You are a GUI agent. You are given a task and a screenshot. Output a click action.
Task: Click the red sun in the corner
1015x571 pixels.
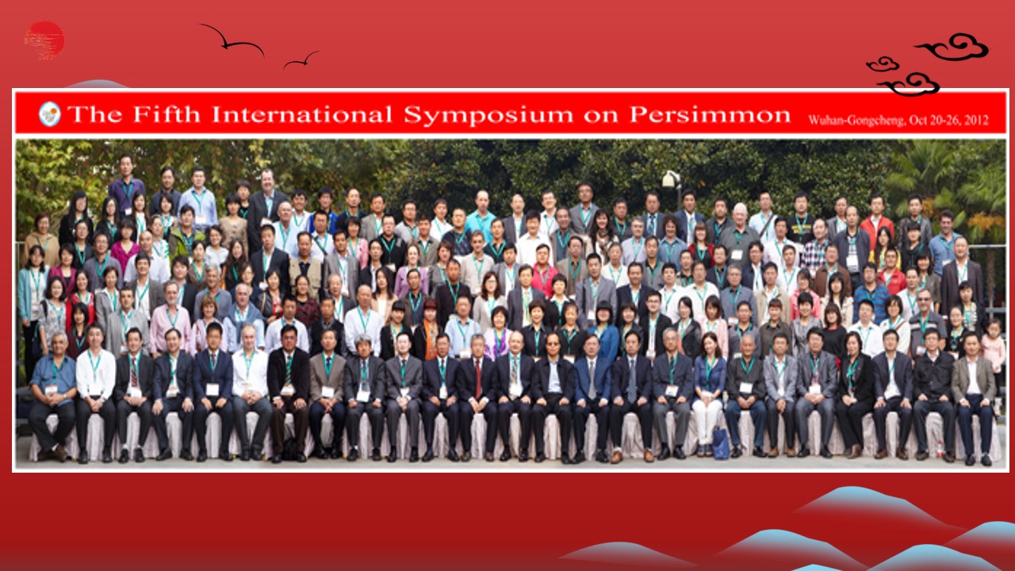tap(44, 40)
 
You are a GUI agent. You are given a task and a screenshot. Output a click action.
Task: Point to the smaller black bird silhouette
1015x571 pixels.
tap(301, 60)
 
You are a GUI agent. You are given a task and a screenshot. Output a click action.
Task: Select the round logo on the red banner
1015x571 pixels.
tap(49, 114)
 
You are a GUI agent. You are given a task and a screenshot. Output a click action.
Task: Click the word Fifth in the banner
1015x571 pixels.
tap(167, 114)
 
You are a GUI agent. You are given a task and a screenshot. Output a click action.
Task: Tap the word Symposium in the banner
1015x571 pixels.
tap(488, 115)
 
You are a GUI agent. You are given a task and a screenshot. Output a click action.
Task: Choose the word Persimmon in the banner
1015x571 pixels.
tap(710, 115)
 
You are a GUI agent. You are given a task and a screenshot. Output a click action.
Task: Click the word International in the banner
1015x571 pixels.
tap(302, 114)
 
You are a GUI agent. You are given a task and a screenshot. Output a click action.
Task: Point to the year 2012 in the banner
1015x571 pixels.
tap(976, 120)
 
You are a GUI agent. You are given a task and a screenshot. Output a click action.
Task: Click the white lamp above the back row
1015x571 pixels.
tap(671, 178)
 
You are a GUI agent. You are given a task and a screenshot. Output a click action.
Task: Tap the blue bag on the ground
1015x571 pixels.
tap(720, 443)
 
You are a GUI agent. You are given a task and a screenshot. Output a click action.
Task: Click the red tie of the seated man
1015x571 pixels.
tap(478, 378)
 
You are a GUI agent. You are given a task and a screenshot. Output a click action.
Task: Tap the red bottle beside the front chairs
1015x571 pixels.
tap(940, 449)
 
